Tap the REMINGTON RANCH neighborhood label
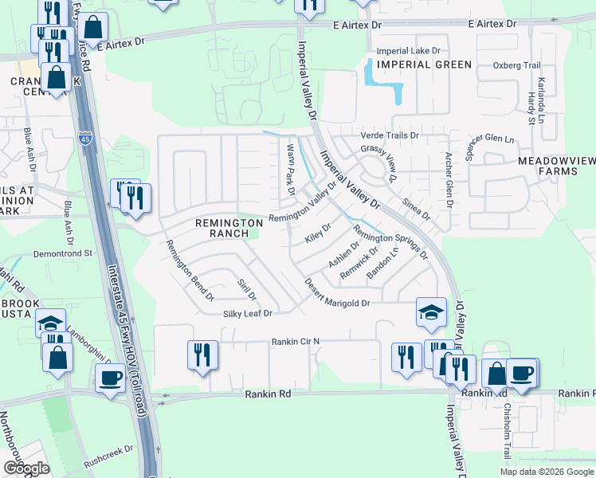[229, 228]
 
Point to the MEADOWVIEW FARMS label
[556, 166]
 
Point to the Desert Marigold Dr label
[338, 293]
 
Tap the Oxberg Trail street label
[517, 65]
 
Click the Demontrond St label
[64, 253]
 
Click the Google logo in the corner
[25, 468]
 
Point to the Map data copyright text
[547, 472]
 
